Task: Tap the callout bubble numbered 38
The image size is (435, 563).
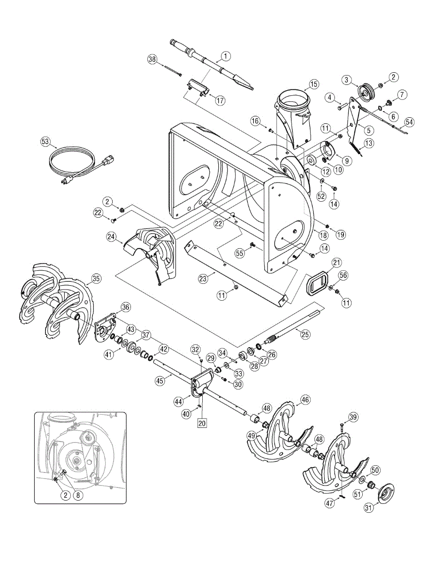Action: (152, 59)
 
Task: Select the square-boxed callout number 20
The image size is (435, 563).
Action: (202, 422)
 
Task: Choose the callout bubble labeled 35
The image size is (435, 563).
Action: (96, 279)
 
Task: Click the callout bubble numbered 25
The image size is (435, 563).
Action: (305, 334)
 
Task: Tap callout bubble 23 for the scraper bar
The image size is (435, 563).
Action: (202, 278)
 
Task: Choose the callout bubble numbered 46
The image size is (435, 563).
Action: (305, 400)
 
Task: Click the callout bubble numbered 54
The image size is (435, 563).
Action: (410, 122)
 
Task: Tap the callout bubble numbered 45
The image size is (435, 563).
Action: (160, 381)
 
